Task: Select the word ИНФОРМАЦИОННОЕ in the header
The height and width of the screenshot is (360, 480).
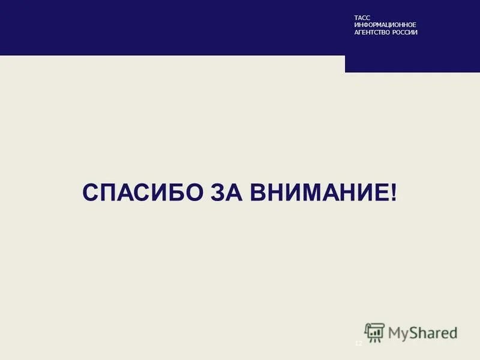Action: [x=385, y=25]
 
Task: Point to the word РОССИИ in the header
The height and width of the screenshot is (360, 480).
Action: [x=406, y=32]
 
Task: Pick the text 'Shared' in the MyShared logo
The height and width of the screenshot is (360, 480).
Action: [x=433, y=332]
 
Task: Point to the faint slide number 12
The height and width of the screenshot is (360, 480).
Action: [x=359, y=343]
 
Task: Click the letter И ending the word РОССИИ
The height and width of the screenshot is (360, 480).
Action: [x=415, y=32]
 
